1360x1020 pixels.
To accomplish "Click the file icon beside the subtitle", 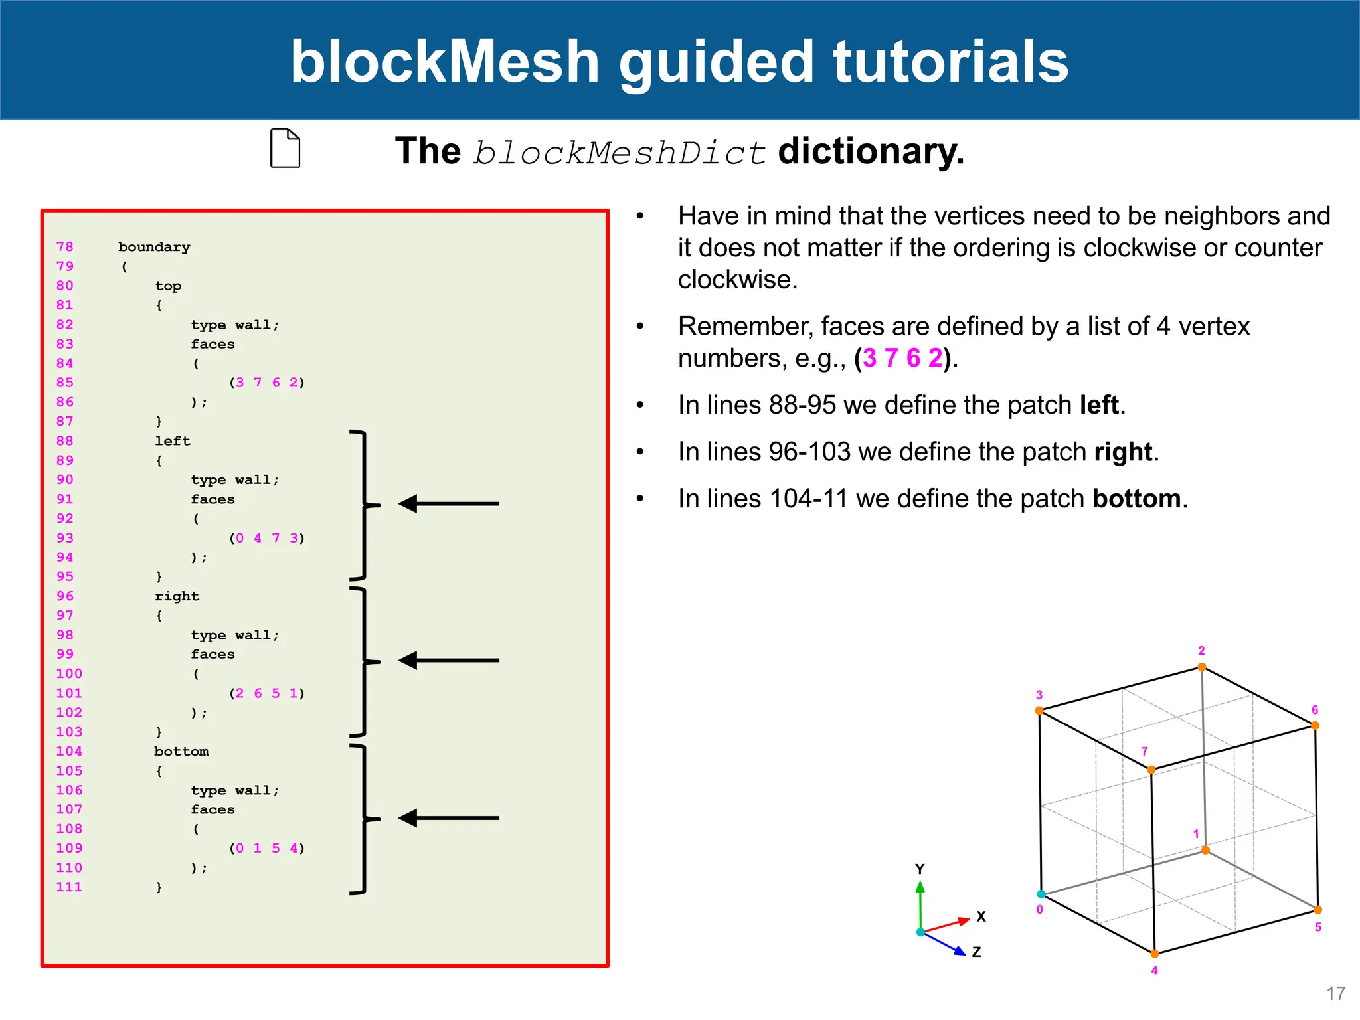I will [286, 148].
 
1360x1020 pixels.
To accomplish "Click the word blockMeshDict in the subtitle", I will [620, 153].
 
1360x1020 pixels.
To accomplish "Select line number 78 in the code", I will [65, 246].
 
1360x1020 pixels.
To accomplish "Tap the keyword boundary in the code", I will [154, 247].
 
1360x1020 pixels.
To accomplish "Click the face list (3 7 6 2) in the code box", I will [267, 382].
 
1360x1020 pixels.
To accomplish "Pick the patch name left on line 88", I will [173, 441].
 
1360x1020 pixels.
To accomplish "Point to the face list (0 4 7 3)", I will [267, 538].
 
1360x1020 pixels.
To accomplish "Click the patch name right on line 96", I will [177, 596].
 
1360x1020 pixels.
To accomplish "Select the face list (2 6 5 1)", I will [267, 693].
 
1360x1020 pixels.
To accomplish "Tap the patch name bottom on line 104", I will [181, 751].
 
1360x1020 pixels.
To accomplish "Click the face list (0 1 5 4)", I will [267, 848].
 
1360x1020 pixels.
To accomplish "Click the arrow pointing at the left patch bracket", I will [448, 504].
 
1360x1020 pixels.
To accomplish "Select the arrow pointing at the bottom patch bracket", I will [448, 818].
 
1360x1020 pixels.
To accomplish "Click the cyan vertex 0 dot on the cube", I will [1041, 894].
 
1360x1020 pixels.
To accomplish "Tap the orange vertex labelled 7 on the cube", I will [1151, 770].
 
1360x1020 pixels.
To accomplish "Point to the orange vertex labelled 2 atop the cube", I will [1202, 667].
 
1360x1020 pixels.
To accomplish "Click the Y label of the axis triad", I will [920, 869].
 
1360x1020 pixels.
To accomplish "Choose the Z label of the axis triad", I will [976, 952].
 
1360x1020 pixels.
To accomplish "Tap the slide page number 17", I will [1335, 993].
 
